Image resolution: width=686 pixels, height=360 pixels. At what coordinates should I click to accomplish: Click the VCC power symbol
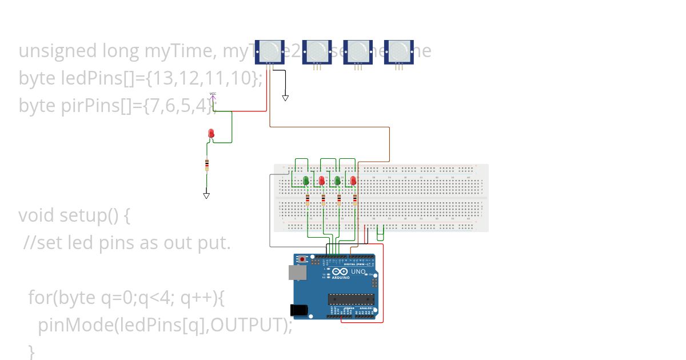[213, 95]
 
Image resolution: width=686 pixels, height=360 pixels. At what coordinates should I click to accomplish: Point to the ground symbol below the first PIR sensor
[285, 98]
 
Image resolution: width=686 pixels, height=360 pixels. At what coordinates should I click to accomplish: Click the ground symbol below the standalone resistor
[206, 195]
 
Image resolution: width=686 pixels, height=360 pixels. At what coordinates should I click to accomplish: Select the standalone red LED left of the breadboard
[211, 134]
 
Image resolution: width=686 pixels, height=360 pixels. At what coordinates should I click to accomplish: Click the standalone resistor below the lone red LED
[206, 165]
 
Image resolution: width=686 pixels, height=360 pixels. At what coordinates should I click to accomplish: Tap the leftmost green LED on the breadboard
[306, 181]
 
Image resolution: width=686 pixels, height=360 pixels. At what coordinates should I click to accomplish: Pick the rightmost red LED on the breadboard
[353, 181]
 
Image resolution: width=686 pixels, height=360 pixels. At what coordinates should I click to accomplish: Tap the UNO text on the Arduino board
[358, 271]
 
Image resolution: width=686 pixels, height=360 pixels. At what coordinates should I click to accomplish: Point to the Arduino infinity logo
[339, 272]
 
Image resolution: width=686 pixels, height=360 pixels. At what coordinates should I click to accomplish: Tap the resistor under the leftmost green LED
[308, 200]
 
